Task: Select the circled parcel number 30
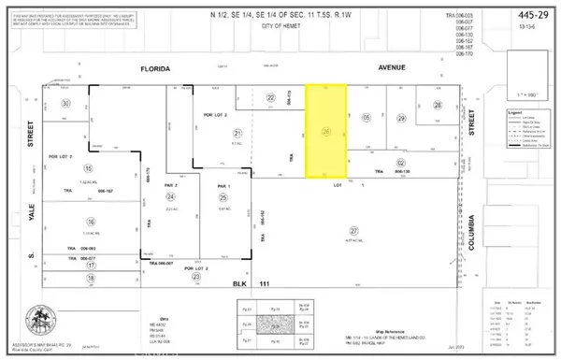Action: [x=65, y=104]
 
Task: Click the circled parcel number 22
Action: [x=271, y=97]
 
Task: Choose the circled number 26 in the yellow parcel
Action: [x=326, y=132]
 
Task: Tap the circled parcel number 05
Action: [x=367, y=117]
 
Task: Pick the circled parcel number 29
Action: [x=401, y=118]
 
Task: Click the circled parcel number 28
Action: [x=438, y=106]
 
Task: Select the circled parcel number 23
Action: [x=195, y=277]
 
